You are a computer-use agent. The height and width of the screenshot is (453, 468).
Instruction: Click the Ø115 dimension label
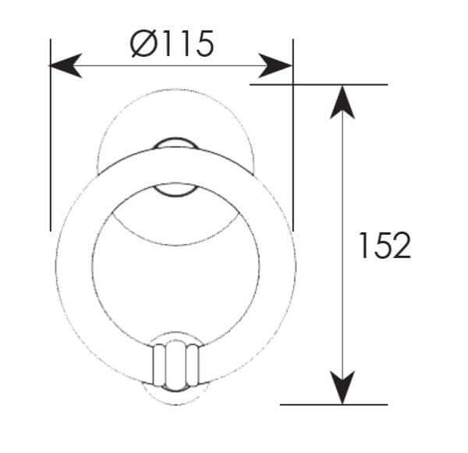[x=172, y=44]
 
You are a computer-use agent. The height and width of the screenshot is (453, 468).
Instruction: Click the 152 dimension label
[x=385, y=246]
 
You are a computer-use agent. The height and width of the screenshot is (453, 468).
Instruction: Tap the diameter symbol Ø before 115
[x=144, y=44]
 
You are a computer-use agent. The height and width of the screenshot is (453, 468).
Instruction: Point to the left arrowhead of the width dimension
[x=65, y=65]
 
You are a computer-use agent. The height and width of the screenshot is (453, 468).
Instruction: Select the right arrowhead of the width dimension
[x=275, y=65]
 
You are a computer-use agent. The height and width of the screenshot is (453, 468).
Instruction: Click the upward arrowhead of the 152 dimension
[x=342, y=102]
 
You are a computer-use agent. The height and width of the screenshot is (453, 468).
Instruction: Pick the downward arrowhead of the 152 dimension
[x=342, y=388]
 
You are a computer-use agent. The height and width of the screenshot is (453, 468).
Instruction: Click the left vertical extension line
[x=51, y=135]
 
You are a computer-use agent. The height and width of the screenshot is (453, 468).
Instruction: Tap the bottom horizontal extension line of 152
[x=334, y=405]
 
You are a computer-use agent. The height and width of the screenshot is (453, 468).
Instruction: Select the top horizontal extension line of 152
[x=318, y=85]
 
